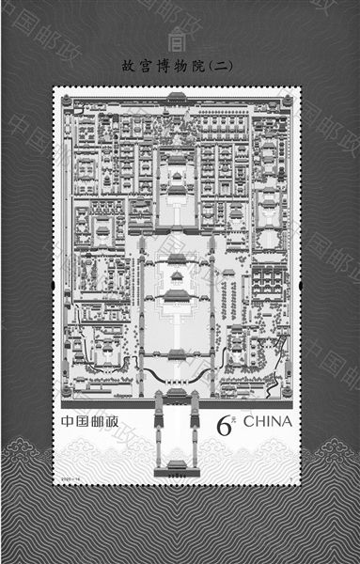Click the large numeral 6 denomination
click(x=224, y=425)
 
